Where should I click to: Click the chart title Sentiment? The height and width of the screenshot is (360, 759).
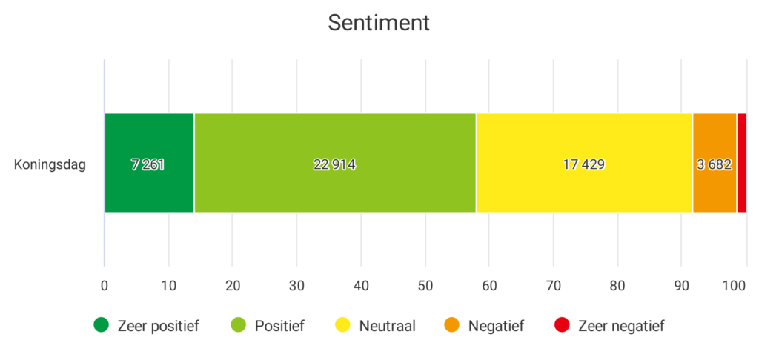pos(379,23)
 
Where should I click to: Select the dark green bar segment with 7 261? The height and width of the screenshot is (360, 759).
pos(148,163)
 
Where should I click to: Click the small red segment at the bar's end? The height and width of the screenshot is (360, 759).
pos(741,163)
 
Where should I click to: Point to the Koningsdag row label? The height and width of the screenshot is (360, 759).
pos(50,164)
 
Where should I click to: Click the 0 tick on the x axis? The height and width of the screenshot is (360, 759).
pos(105,285)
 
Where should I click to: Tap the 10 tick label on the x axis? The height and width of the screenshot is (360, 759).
pos(168,285)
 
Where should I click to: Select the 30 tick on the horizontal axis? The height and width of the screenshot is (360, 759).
pos(296,285)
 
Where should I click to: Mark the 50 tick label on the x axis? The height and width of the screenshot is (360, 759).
pos(425,285)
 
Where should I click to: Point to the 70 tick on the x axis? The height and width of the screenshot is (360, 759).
pos(553,285)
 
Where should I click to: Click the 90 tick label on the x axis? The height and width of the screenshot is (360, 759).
pos(681,285)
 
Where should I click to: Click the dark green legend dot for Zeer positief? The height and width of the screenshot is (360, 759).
pos(101,324)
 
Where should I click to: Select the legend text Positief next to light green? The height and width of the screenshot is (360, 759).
pos(279,325)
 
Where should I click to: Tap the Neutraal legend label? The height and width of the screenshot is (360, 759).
pos(387,325)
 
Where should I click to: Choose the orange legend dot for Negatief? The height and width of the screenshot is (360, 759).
pos(451,324)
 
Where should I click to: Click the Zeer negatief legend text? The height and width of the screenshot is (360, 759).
pos(620,325)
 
